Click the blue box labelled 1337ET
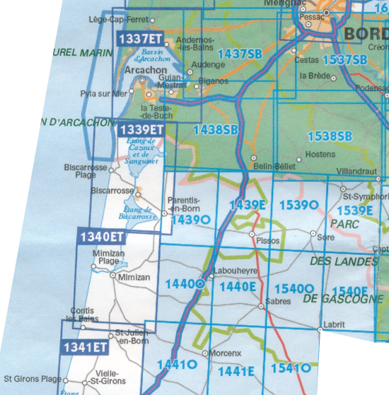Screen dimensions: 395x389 click(x=139, y=38)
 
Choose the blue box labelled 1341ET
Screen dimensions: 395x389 click(x=85, y=347)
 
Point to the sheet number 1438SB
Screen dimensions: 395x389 click(x=216, y=129)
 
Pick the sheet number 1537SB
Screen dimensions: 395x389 click(x=344, y=59)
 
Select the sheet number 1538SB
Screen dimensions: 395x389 click(x=330, y=136)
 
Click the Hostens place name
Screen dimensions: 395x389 click(x=320, y=153)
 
